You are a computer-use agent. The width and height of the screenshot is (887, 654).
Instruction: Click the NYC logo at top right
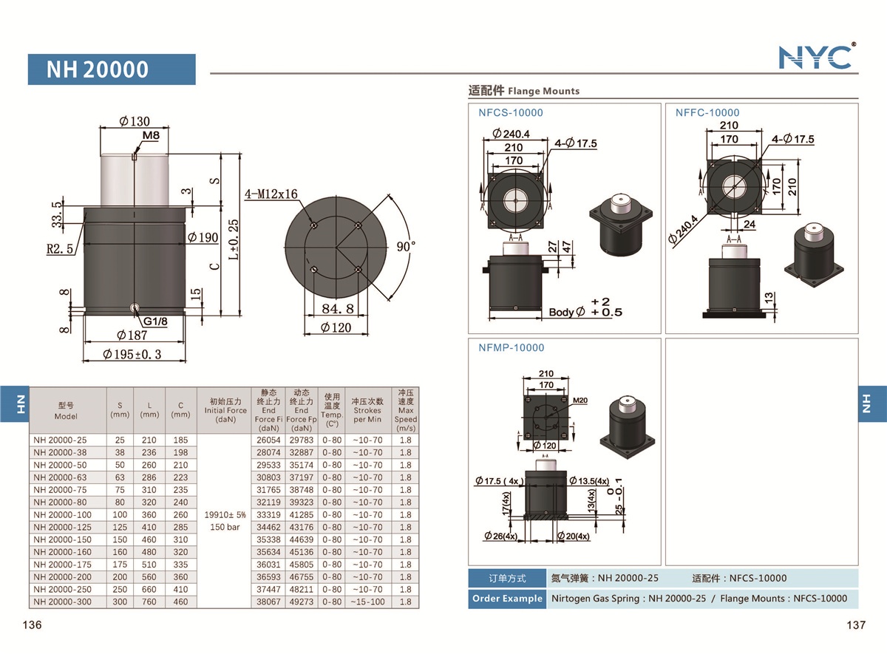[816, 56]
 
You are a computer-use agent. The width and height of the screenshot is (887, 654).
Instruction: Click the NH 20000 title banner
[112, 69]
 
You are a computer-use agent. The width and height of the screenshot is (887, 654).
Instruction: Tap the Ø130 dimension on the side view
[134, 121]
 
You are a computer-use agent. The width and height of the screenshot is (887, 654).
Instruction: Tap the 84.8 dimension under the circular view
[337, 308]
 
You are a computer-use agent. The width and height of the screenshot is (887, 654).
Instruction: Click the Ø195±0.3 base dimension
[133, 355]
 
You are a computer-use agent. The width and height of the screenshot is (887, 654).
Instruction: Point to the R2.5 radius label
[59, 249]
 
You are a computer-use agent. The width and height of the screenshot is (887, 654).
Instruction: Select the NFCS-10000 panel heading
[510, 113]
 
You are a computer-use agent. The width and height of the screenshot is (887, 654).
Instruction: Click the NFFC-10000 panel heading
[707, 113]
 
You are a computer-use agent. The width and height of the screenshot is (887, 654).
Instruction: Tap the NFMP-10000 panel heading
[511, 347]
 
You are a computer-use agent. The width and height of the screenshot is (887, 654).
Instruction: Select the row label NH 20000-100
[62, 514]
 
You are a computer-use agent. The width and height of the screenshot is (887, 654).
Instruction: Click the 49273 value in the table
[301, 602]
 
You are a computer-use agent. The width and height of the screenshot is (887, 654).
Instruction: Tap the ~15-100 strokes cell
[367, 602]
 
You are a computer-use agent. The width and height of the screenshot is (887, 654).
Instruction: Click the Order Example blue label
[506, 599]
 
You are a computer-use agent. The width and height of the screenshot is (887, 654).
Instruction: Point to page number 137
[855, 625]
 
